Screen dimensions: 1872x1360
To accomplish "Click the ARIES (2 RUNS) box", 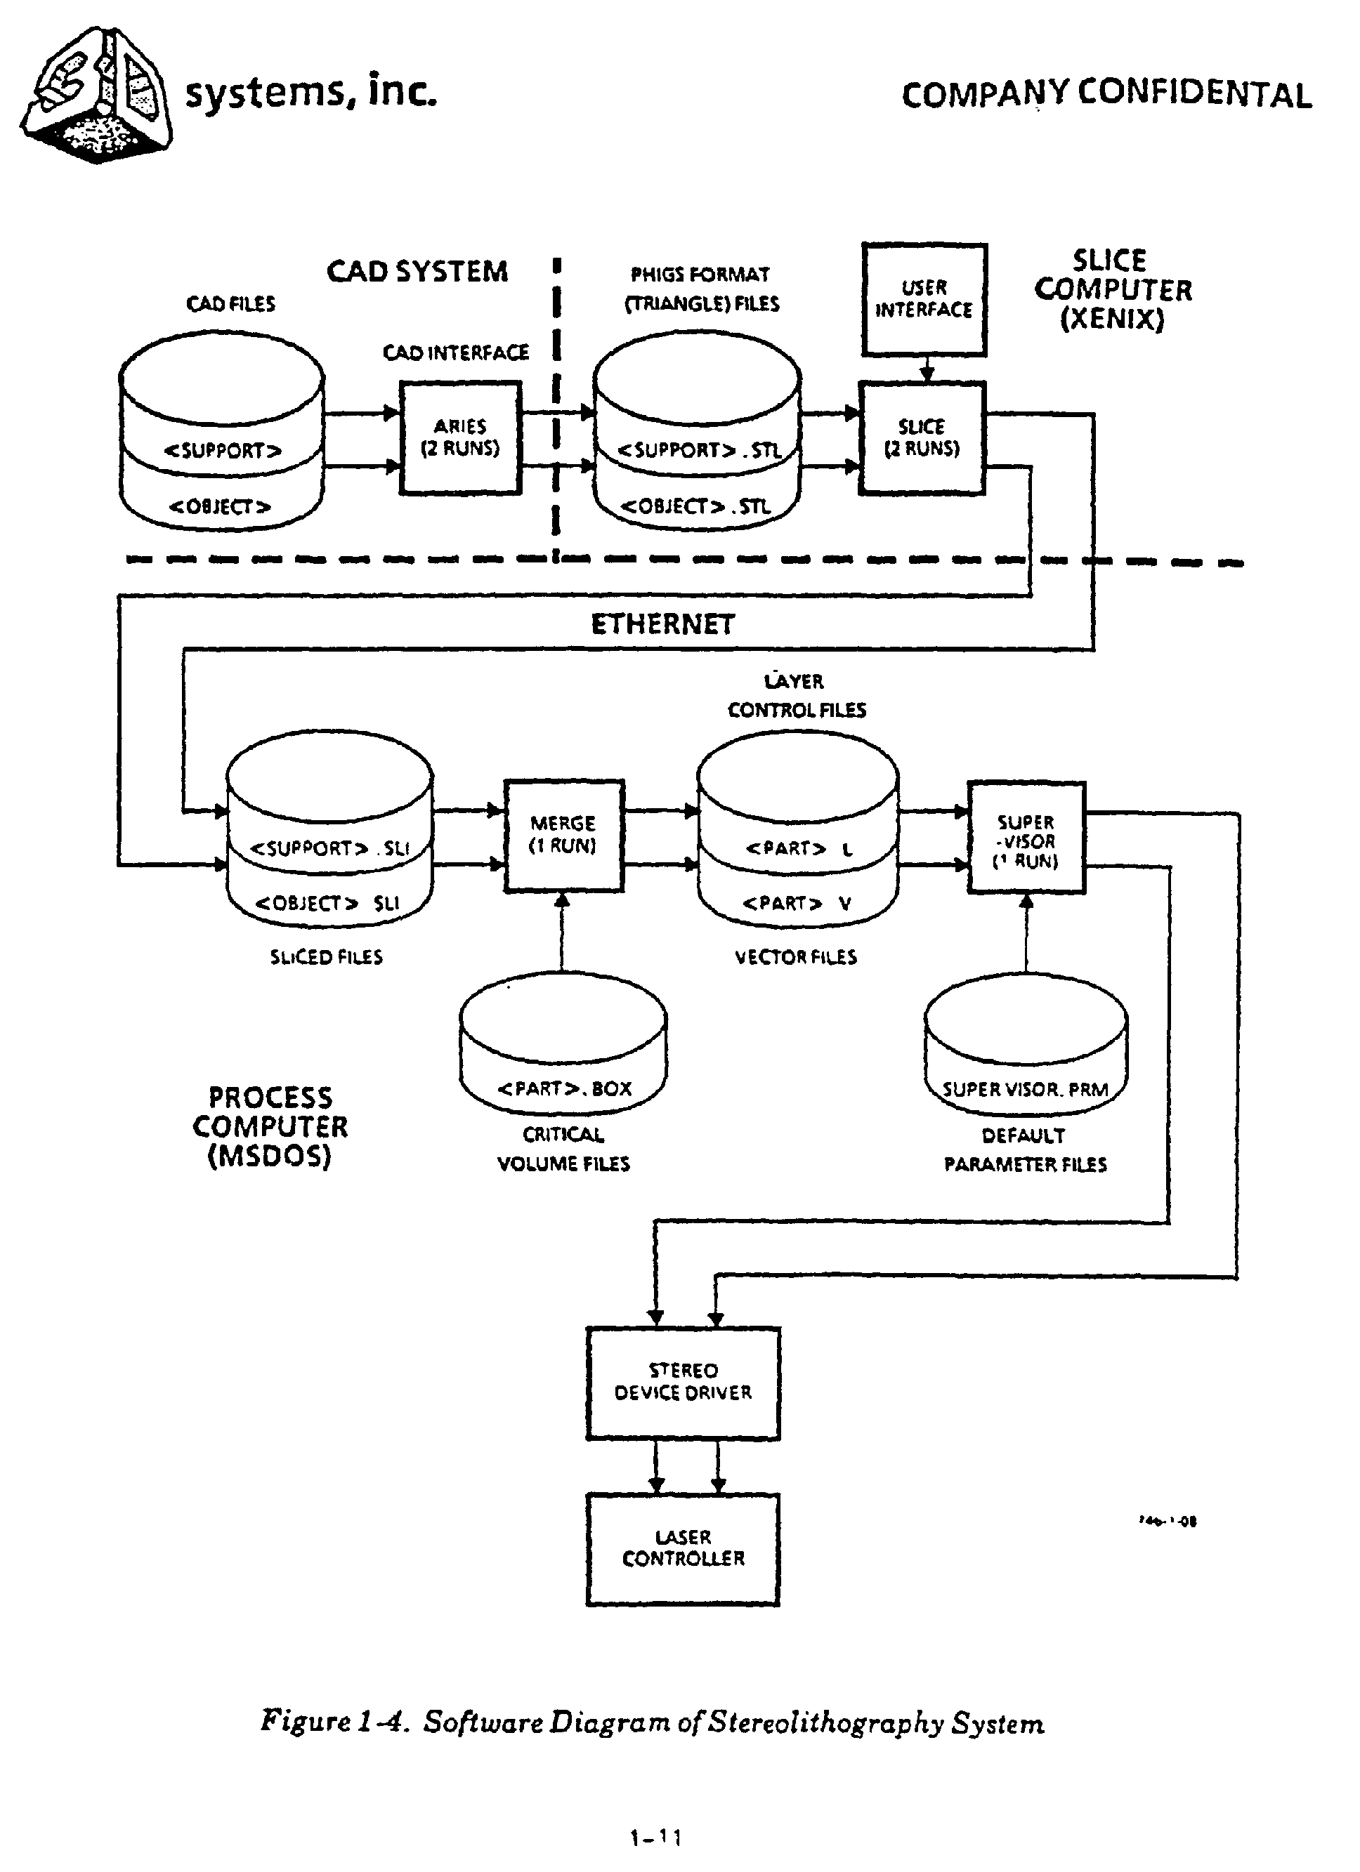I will pyautogui.click(x=460, y=437).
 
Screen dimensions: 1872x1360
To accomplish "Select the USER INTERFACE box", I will pyautogui.click(x=924, y=300).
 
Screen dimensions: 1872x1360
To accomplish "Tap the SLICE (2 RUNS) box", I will pyautogui.click(x=922, y=437).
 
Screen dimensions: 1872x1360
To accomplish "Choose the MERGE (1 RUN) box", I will pyautogui.click(x=563, y=836).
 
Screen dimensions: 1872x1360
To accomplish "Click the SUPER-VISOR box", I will pyautogui.click(x=1026, y=838).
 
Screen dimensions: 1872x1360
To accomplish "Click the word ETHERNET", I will pyautogui.click(x=662, y=624).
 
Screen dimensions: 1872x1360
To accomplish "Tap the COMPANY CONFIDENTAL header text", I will pyautogui.click(x=1106, y=94).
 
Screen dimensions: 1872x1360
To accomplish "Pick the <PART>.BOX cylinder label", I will pyautogui.click(x=564, y=1088).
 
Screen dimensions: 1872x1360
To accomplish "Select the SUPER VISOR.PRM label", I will pyautogui.click(x=1026, y=1090).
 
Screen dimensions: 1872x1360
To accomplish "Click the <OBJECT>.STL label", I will pyautogui.click(x=695, y=506).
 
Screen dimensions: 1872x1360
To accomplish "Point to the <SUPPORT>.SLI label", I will pyautogui.click(x=329, y=848).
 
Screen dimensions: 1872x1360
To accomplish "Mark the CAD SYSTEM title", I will pyautogui.click(x=417, y=272).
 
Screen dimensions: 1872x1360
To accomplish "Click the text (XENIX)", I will pyautogui.click(x=1111, y=319).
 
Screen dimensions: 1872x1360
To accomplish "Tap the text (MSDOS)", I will pyautogui.click(x=269, y=1156).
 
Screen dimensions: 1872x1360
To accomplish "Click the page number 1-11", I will pyautogui.click(x=655, y=1838).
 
